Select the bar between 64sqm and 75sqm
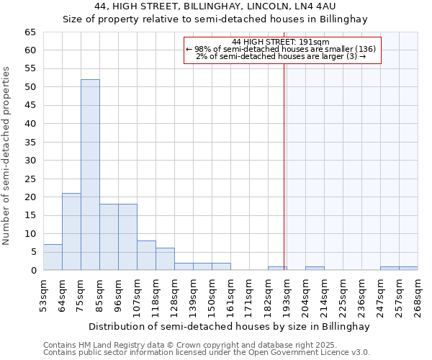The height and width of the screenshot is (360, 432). point(71,232)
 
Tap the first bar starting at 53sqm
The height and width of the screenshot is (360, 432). point(53,257)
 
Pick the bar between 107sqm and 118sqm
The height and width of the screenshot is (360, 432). point(146,256)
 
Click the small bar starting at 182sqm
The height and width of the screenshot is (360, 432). point(277,268)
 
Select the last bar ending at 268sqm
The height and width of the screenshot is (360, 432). point(408,268)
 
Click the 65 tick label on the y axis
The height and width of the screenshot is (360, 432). point(30,32)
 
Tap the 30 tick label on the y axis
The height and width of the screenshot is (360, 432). point(30,161)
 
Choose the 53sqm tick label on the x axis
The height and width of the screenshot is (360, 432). point(44,296)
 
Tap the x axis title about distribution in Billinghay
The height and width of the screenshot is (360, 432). point(230,326)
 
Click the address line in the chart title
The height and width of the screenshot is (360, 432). point(215,6)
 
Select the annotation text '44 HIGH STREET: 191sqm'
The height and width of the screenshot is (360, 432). point(281,42)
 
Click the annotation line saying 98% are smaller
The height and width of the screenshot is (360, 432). point(281,49)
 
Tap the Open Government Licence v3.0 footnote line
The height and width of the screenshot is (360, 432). point(207,352)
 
